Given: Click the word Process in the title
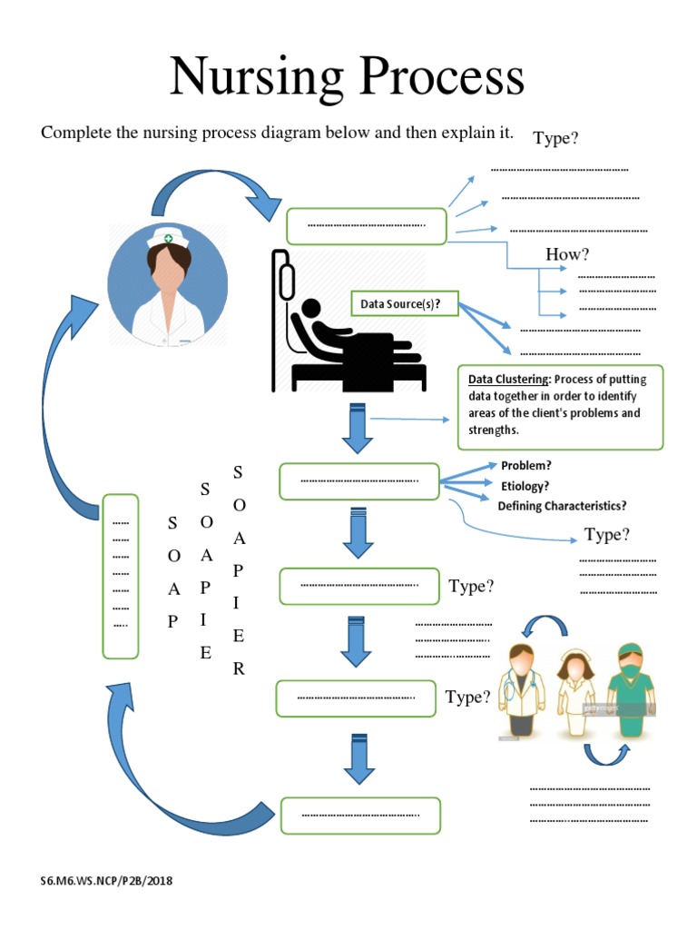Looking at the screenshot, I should (x=436, y=78).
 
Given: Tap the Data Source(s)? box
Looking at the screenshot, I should (x=401, y=303).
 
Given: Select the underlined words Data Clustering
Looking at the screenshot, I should (x=508, y=380).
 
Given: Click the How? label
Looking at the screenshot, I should (x=561, y=254).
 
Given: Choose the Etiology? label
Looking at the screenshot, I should (x=525, y=486).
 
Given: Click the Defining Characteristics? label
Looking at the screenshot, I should (x=562, y=506).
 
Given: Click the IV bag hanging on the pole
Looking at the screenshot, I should (x=287, y=279).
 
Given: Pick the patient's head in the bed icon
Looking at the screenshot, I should (x=312, y=309).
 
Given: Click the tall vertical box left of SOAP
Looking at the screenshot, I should (x=121, y=576).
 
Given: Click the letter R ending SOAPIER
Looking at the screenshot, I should (x=239, y=669).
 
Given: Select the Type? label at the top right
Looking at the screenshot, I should (x=555, y=138).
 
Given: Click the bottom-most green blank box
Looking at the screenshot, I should (x=360, y=815).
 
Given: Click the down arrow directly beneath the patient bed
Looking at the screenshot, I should (x=357, y=429).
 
